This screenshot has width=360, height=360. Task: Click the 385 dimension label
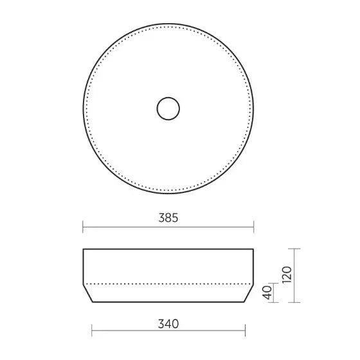click(168, 218)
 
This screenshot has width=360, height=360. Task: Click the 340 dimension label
click(168, 324)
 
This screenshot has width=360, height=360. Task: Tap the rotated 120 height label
click(287, 275)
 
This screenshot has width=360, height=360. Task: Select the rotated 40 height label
click(267, 292)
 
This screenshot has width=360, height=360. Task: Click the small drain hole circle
click(168, 109)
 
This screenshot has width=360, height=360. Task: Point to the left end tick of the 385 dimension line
click(83, 227)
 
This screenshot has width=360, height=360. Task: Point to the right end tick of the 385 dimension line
click(253, 227)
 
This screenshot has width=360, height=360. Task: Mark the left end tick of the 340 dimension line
click(92, 330)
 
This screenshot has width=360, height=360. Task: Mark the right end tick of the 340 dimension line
click(245, 330)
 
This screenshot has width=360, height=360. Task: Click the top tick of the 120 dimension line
click(294, 249)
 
